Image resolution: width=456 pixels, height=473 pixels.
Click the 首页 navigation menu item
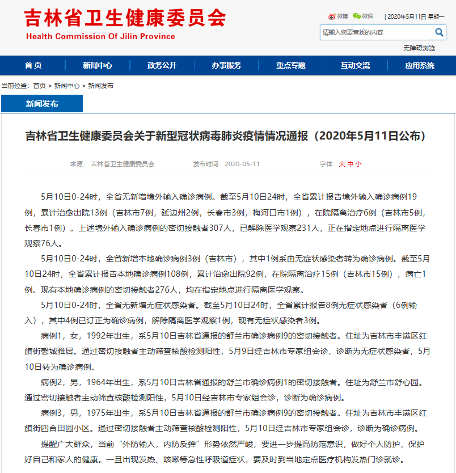33,65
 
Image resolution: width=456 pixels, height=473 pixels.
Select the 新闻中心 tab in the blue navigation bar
98,65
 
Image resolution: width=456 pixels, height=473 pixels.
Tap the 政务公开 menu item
162,65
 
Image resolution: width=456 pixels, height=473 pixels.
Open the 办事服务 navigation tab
227,65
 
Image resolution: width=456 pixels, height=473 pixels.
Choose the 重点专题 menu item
291,65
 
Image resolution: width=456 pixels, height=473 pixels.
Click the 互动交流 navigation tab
356,65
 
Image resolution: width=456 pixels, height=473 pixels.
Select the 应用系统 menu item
420,65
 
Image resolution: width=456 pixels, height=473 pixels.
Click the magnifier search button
439,32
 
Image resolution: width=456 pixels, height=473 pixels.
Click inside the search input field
374,32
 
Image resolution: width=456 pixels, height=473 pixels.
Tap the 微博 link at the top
339,16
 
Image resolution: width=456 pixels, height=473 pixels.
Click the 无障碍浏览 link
419,48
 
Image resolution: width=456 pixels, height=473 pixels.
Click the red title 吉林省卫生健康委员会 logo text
125,18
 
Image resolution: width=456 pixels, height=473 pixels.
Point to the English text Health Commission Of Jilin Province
100,36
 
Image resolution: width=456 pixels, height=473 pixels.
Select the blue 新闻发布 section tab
42,104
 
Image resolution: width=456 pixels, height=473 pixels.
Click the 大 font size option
342,164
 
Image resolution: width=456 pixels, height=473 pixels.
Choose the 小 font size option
358,164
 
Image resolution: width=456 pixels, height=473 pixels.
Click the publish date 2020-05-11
242,164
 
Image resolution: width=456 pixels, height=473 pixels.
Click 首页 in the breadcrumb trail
39,86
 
